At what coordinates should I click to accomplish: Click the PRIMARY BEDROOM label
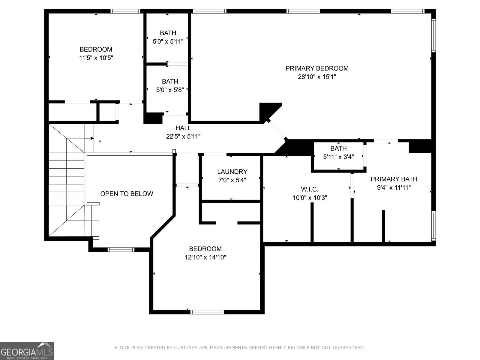[317, 68]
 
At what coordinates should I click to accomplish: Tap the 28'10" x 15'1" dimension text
[317, 77]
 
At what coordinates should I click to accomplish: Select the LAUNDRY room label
[232, 172]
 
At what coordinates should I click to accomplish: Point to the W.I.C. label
[310, 189]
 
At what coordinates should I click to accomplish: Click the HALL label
[183, 128]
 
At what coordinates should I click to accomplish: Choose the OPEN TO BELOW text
[127, 194]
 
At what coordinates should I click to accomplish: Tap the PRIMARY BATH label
[394, 179]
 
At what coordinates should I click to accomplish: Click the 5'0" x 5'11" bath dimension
[168, 41]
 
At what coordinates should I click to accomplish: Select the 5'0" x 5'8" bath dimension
[170, 90]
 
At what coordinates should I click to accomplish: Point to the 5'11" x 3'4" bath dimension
[338, 157]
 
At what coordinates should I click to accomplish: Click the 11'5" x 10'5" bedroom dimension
[96, 58]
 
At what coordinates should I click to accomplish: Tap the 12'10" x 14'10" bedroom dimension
[205, 257]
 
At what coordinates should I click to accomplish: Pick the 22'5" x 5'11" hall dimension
[183, 136]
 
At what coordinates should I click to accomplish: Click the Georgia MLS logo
[27, 351]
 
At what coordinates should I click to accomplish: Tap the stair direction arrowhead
[92, 138]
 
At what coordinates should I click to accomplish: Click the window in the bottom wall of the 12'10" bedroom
[207, 312]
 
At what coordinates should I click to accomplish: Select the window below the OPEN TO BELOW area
[121, 250]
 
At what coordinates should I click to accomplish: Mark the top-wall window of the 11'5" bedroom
[125, 11]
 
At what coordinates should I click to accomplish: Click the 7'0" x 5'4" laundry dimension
[232, 180]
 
